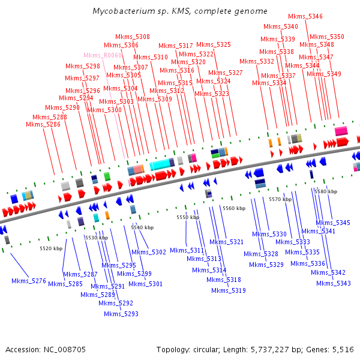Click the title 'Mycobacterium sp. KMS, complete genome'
click(x=180, y=11)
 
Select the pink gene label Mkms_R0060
click(x=103, y=56)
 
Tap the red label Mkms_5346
click(x=305, y=17)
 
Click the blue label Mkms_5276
click(x=29, y=281)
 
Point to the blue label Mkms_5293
click(x=121, y=314)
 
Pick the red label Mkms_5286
click(x=43, y=124)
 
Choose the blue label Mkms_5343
click(x=334, y=284)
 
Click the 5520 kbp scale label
click(x=51, y=248)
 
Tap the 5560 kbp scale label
click(x=234, y=208)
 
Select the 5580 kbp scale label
click(x=326, y=192)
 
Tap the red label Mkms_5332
click(x=257, y=62)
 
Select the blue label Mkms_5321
click(x=226, y=242)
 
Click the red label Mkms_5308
click(x=133, y=37)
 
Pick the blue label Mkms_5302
click(x=149, y=253)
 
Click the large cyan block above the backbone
click(x=160, y=164)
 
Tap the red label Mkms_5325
click(x=214, y=44)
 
